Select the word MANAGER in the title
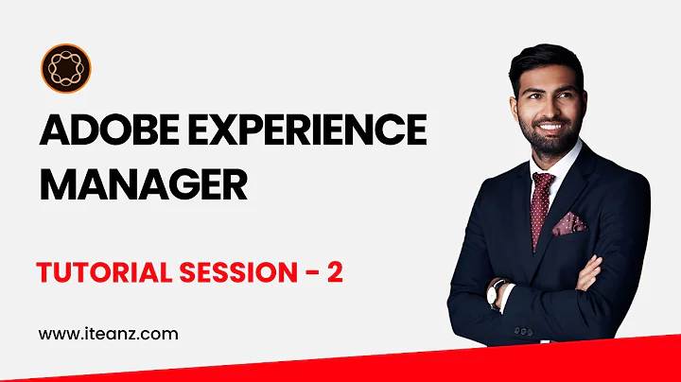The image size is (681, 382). [x=143, y=182]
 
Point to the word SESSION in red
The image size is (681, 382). [x=233, y=271]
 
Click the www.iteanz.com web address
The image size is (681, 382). [x=108, y=333]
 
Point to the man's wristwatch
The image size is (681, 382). [x=496, y=296]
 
